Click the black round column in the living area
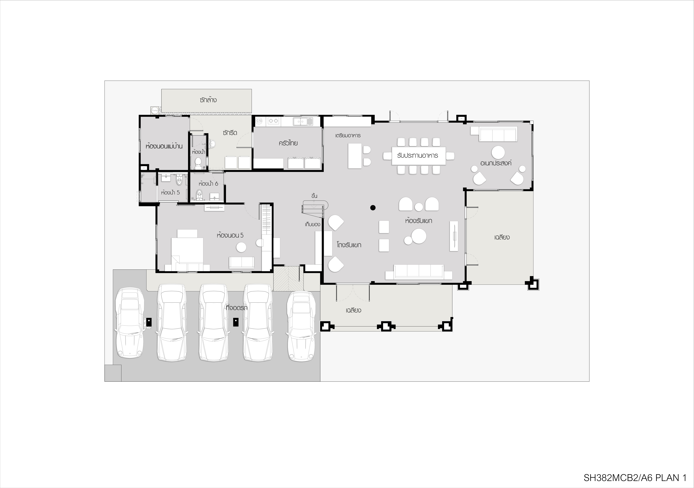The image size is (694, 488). tap(373, 208)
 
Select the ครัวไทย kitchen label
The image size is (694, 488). tap(288, 143)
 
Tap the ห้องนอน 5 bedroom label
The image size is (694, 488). tap(230, 235)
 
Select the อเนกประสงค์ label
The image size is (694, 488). tap(496, 163)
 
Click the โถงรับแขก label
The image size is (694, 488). tap(349, 245)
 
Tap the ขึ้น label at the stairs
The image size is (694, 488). tap(314, 196)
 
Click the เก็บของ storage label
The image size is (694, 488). tap(313, 224)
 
